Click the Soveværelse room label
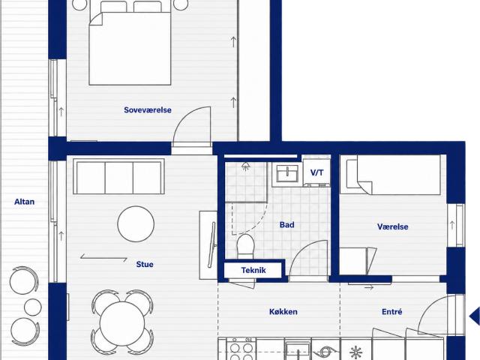[148, 110]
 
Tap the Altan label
[25, 202]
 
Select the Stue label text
[145, 264]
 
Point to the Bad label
[286, 225]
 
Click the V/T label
[316, 172]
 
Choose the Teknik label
[253, 270]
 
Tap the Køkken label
[283, 312]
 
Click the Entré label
[391, 312]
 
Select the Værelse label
[393, 226]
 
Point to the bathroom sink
[287, 173]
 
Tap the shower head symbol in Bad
[245, 166]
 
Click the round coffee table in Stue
[136, 224]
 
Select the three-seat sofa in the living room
[118, 176]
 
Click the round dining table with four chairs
[122, 323]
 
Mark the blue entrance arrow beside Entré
[475, 316]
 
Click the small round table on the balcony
[33, 307]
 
